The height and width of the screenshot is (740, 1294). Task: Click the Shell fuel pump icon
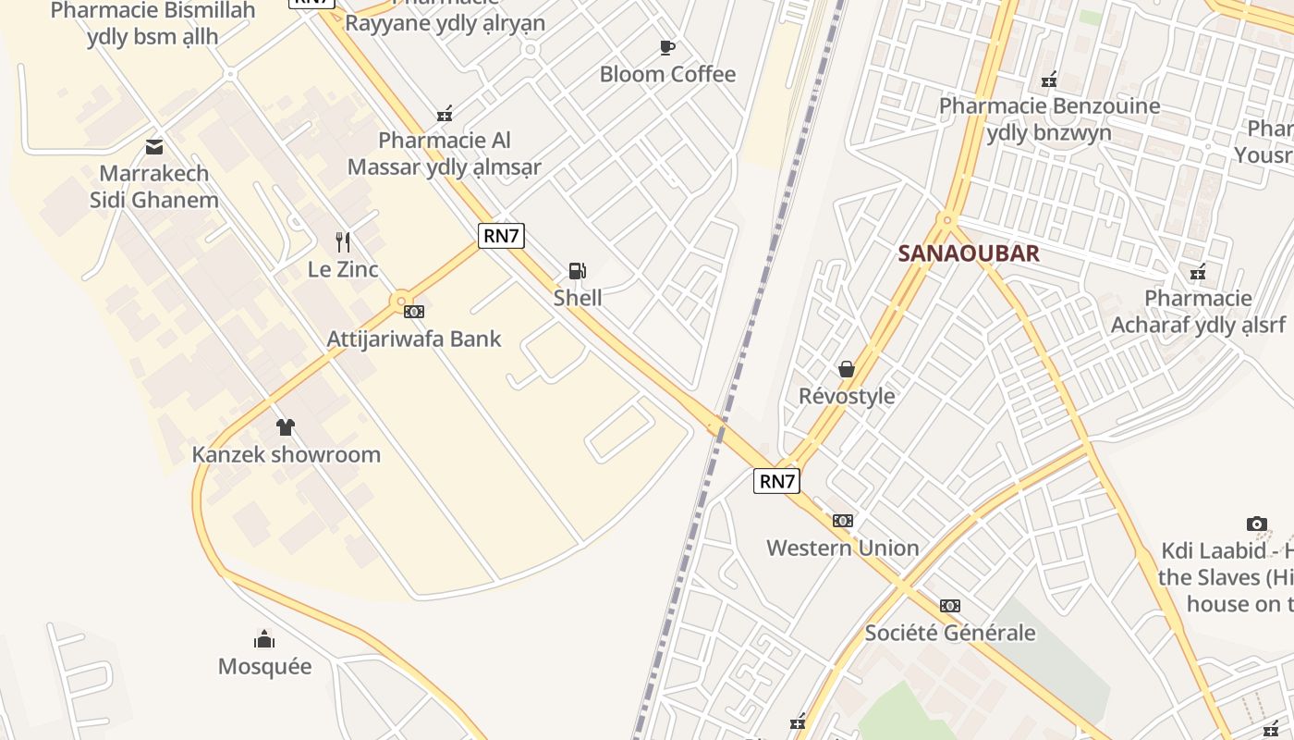[577, 270]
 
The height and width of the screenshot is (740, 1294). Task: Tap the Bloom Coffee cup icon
[667, 47]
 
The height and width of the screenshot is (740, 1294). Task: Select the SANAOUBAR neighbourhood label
[969, 253]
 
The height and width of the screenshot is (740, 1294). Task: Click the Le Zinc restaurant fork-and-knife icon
[343, 242]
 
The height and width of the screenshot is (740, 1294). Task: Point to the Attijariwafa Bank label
[414, 339]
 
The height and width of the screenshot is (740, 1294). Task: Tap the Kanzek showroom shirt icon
[286, 427]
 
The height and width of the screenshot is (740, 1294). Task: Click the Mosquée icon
[264, 639]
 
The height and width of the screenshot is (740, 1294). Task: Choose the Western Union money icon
[843, 521]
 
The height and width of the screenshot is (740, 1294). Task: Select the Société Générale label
[950, 633]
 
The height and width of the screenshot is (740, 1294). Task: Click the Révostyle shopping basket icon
[847, 369]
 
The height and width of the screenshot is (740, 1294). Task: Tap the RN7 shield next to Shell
[502, 236]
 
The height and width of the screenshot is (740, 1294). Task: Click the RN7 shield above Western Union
[776, 481]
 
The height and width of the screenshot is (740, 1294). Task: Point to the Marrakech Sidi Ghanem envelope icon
[154, 146]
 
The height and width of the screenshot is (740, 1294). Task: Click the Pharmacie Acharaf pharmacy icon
[1198, 272]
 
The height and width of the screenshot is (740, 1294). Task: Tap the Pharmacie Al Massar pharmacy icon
[445, 114]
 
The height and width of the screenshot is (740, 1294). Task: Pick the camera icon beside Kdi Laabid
[1256, 524]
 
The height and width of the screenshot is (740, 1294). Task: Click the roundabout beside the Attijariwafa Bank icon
[400, 302]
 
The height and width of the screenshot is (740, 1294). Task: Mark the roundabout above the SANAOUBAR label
[946, 221]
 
